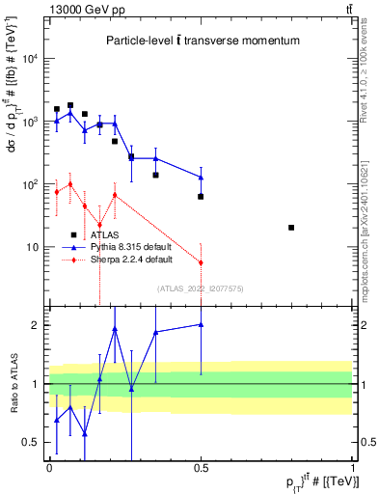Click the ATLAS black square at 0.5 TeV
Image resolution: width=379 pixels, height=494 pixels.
pyautogui.click(x=201, y=196)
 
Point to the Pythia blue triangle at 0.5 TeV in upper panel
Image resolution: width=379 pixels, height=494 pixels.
pyautogui.click(x=201, y=178)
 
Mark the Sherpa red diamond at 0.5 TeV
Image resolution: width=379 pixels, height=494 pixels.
pyautogui.click(x=201, y=262)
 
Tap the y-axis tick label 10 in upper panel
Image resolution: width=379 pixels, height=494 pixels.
pyautogui.click(x=34, y=247)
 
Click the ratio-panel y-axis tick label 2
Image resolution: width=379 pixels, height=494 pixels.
pyautogui.click(x=37, y=325)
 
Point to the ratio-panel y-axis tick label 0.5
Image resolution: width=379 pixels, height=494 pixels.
pyautogui.click(x=32, y=443)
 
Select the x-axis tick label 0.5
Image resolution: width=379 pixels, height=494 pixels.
pyautogui.click(x=201, y=466)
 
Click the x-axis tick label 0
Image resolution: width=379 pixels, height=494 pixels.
pyautogui.click(x=49, y=466)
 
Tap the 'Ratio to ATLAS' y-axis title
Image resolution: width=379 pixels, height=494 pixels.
pyautogui.click(x=13, y=384)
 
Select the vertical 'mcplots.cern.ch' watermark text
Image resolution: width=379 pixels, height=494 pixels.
pyautogui.click(x=370, y=246)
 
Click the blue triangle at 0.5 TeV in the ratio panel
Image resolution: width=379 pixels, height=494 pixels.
pyautogui.click(x=201, y=325)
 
